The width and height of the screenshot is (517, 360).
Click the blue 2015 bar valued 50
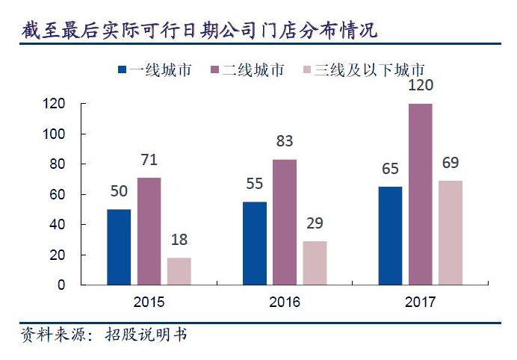pos(118,246)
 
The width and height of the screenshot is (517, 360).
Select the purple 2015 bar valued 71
pos(149,231)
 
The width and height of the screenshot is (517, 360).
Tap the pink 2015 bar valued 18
pos(179,271)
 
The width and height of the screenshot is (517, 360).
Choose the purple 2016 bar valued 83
pos(284,222)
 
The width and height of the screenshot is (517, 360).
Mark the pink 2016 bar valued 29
pos(315,263)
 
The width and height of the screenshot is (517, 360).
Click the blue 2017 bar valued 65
pos(390,235)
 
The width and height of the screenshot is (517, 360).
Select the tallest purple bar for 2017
pos(420,194)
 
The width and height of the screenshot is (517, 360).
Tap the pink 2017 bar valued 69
pos(451,232)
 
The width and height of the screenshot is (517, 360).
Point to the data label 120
pos(420,86)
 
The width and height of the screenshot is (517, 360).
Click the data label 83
pos(284,142)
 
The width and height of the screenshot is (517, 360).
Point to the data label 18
pos(179,240)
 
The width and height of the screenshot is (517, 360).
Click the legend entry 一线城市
pos(155,70)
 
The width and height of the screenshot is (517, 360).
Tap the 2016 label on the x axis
pos(284,302)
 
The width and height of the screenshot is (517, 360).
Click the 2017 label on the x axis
pos(420,302)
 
